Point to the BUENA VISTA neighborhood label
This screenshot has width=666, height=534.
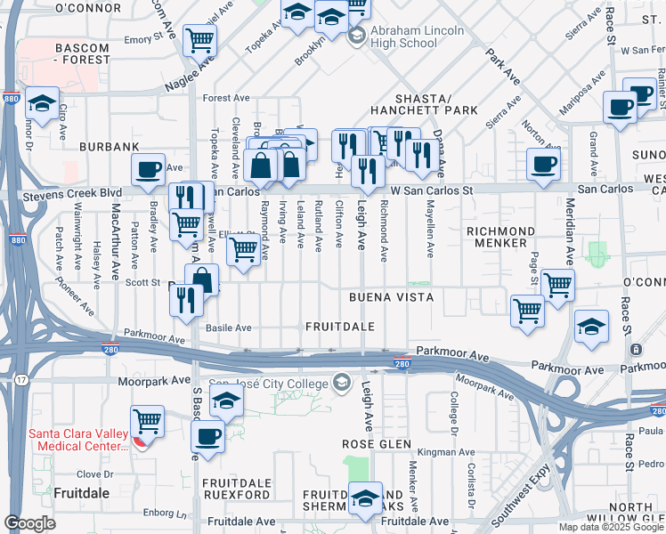pos(391,296)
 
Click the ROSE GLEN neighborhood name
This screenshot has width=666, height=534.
pos(377,443)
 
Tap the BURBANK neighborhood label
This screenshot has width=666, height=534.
pos(110,146)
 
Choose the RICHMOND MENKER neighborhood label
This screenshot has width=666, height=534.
pos(501,237)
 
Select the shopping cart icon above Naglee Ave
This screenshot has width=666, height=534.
pos(200,38)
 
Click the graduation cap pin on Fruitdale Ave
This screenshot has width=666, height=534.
pos(365,497)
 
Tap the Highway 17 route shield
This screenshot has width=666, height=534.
pos(20,380)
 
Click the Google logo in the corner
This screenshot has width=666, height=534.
pos(29,523)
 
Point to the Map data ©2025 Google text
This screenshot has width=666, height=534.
pos(611,527)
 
